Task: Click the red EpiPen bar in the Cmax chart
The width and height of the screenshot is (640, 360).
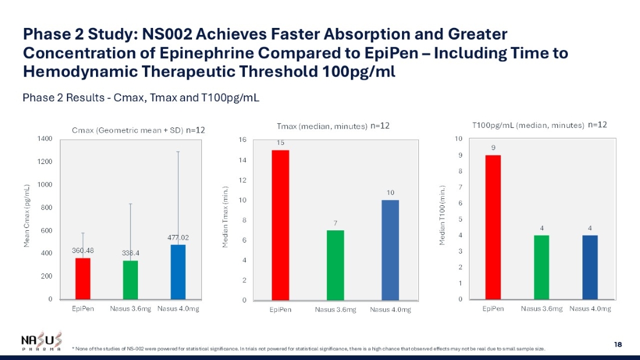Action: (x=83, y=279)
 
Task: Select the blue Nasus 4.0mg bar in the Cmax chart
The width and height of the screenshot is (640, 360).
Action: (x=178, y=272)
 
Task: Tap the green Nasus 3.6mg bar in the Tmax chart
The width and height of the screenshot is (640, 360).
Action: (x=335, y=265)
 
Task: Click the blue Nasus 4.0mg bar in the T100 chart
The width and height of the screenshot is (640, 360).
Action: (x=590, y=267)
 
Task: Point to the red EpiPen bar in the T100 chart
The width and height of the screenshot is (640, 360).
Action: (x=493, y=227)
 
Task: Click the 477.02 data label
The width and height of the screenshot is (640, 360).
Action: (x=178, y=238)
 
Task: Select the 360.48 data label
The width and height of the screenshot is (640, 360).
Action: (x=83, y=251)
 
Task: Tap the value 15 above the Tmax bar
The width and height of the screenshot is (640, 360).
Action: (x=280, y=142)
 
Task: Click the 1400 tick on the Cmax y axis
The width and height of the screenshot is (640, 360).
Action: (x=45, y=138)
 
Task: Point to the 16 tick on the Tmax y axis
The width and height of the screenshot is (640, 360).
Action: (x=243, y=140)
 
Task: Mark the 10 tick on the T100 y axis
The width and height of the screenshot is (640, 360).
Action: (x=459, y=139)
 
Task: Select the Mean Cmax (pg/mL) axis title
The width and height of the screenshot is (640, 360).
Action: (x=27, y=216)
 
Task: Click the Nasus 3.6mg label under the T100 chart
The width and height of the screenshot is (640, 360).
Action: (x=541, y=309)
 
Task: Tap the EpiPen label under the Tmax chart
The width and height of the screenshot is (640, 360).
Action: (x=280, y=310)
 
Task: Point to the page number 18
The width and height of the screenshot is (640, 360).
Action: (x=618, y=345)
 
